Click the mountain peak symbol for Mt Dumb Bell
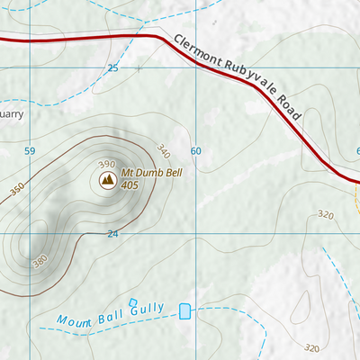click(107, 181)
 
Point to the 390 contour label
click(107, 164)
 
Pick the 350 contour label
click(17, 192)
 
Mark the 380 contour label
click(39, 262)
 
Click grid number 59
click(31, 150)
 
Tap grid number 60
click(195, 150)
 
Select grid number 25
click(112, 68)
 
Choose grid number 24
click(112, 233)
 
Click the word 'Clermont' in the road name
click(195, 50)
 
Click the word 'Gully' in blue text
click(147, 309)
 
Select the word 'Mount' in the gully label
click(76, 319)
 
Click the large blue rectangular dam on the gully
click(185, 311)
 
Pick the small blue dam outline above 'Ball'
click(133, 301)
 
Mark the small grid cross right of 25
click(139, 67)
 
